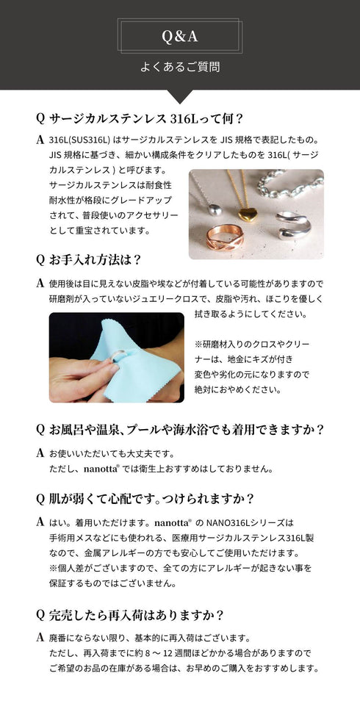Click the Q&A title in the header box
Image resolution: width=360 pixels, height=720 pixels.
[x=180, y=35]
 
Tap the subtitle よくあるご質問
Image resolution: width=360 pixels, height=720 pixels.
[x=180, y=67]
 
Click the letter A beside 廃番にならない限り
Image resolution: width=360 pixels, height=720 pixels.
[x=39, y=636]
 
